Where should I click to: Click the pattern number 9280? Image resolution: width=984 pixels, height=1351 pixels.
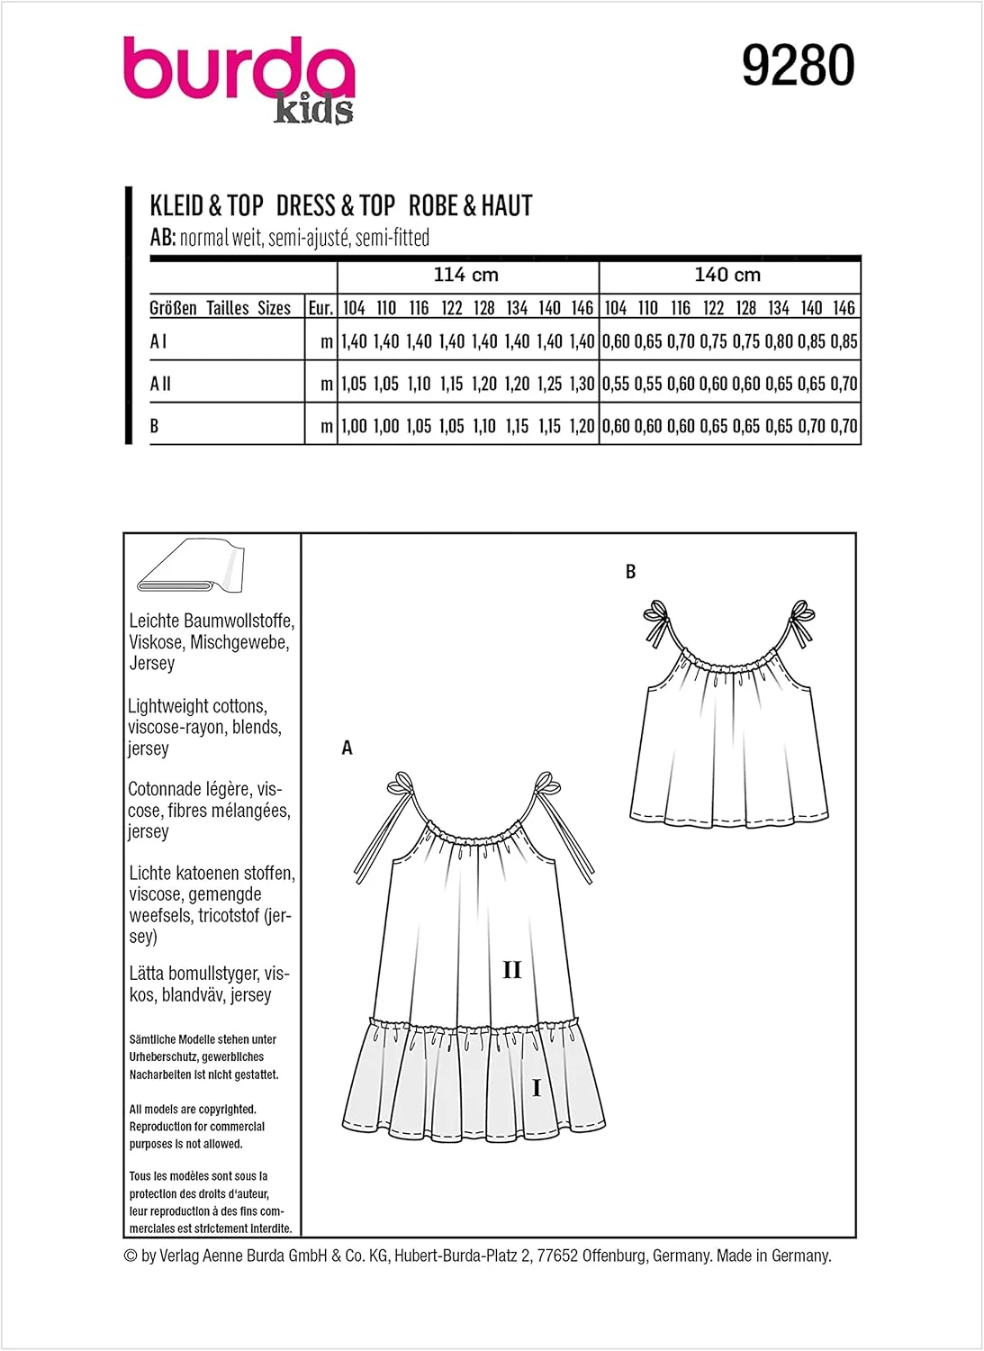pos(798,67)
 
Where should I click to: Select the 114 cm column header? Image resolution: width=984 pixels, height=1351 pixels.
pos(465,275)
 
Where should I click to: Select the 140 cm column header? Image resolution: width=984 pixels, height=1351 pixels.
pos(727,275)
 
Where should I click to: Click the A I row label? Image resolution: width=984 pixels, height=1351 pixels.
pos(158,341)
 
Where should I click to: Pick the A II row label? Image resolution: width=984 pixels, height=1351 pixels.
pos(160,384)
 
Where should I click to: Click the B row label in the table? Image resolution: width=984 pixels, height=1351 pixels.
pos(154,426)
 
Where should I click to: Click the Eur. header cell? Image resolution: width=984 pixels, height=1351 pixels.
pos(320,308)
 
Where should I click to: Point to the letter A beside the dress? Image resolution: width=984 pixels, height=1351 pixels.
pos(347,748)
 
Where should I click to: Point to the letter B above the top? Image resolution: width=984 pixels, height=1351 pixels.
pos(630,572)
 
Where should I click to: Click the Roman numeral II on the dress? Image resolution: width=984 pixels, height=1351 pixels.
pos(511,970)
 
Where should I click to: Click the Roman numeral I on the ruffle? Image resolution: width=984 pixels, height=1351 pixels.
pos(537,1088)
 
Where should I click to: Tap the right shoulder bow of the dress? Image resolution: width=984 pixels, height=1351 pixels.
pos(546,784)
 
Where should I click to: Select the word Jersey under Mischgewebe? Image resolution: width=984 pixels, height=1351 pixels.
pos(152,664)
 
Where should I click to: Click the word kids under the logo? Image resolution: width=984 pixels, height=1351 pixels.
pos(313,110)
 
